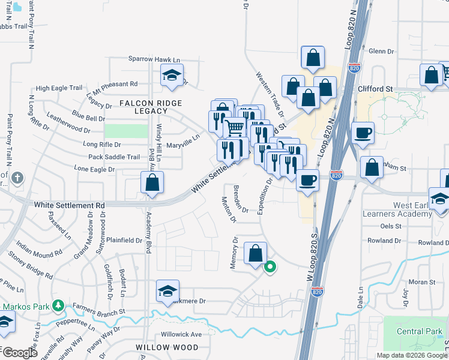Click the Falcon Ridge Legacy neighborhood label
pyautogui.click(x=142, y=107)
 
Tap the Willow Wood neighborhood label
pyautogui.click(x=159, y=347)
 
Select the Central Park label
pyautogui.click(x=418, y=331)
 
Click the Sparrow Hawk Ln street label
pyautogui.click(x=154, y=59)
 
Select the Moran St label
pyautogui.click(x=422, y=282)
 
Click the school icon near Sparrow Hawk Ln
pyautogui.click(x=172, y=76)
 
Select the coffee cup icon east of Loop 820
pyautogui.click(x=363, y=132)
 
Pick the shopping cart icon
pyautogui.click(x=234, y=127)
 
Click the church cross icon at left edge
pyautogui.click(x=17, y=178)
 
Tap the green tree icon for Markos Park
pyautogui.click(x=58, y=306)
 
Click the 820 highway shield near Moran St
pyautogui.click(x=318, y=292)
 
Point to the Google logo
pyautogui.click(x=20, y=353)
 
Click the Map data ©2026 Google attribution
pyautogui.click(x=411, y=355)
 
